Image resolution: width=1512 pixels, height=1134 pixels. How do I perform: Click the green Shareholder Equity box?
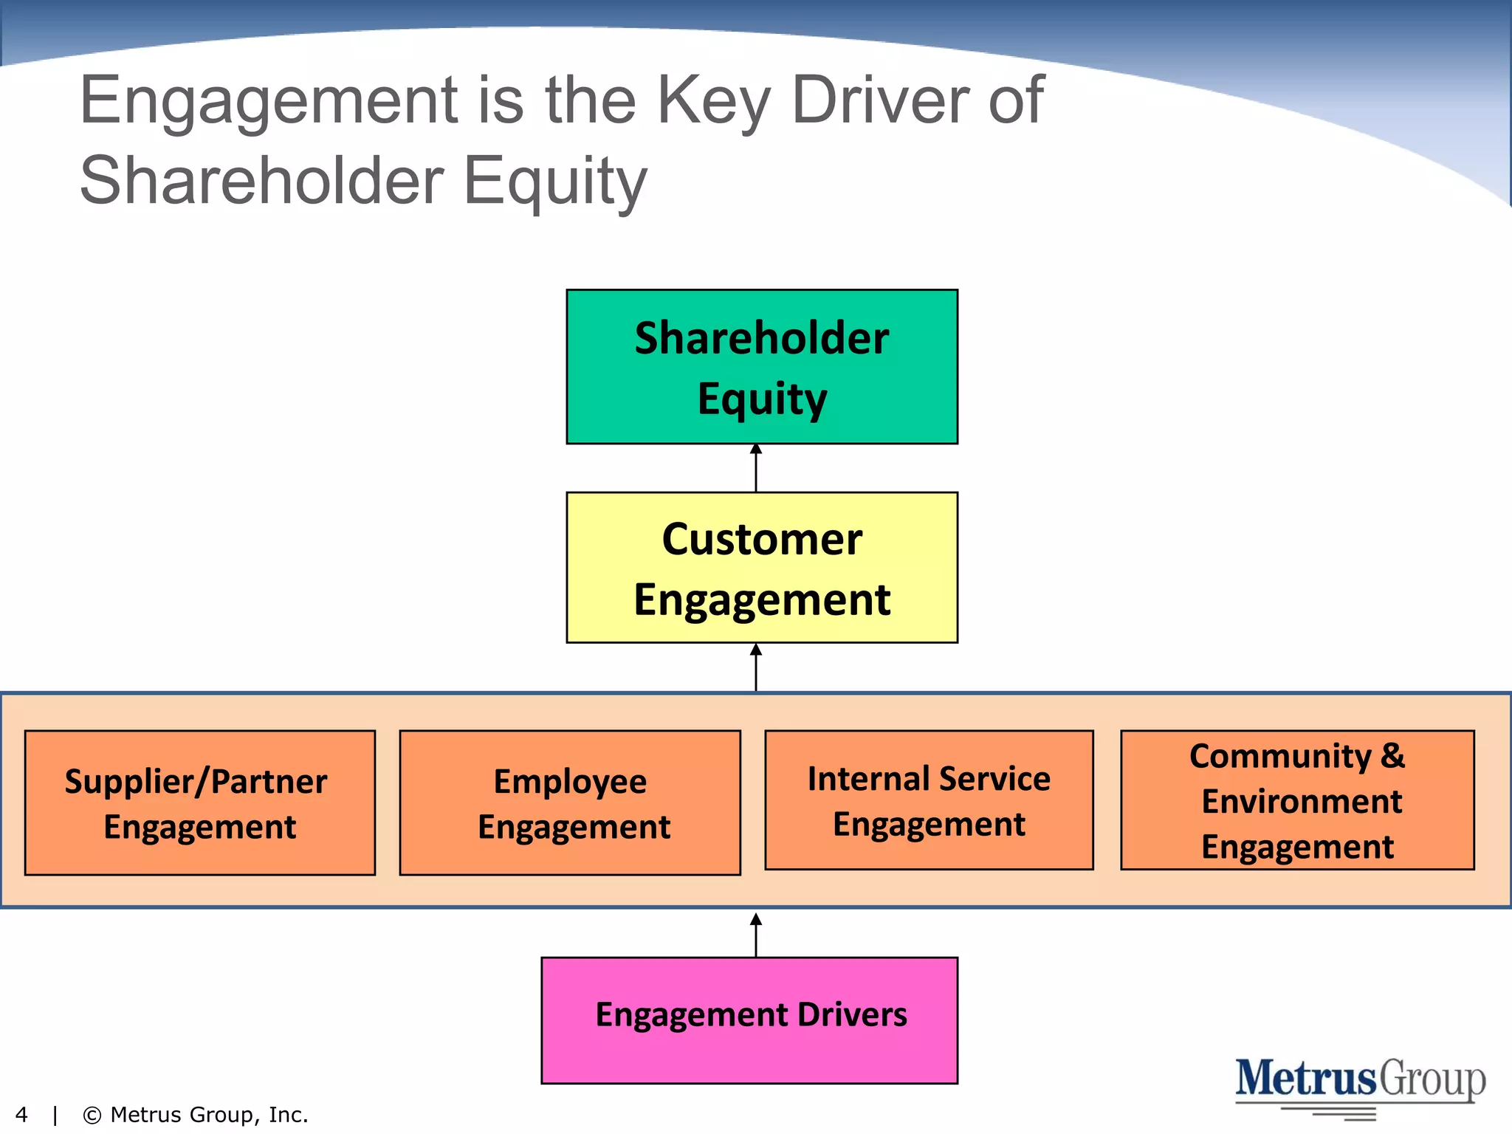click(x=762, y=366)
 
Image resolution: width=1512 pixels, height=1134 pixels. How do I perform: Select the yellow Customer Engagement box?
click(x=762, y=567)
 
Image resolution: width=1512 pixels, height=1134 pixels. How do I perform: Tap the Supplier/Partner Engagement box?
click(x=199, y=803)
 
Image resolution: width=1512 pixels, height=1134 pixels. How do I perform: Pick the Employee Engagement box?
click(x=570, y=803)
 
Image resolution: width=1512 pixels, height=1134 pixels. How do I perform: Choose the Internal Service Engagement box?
click(x=929, y=800)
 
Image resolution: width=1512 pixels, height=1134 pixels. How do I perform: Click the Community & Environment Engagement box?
click(x=1297, y=800)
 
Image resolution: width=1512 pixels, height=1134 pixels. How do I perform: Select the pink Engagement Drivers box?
click(x=749, y=1020)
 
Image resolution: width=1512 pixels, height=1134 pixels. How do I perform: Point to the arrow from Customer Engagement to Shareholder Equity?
click(x=756, y=468)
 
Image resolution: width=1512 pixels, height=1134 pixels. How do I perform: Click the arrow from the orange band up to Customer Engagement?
click(x=756, y=667)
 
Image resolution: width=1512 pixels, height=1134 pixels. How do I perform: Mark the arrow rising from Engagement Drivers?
click(x=756, y=935)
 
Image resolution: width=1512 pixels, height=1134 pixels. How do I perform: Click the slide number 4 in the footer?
click(x=21, y=1115)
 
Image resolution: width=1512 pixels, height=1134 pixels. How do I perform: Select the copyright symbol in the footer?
click(x=92, y=1115)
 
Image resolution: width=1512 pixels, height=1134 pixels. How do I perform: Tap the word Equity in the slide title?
click(x=555, y=182)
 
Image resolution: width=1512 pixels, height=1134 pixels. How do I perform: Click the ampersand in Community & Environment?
click(x=1392, y=755)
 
